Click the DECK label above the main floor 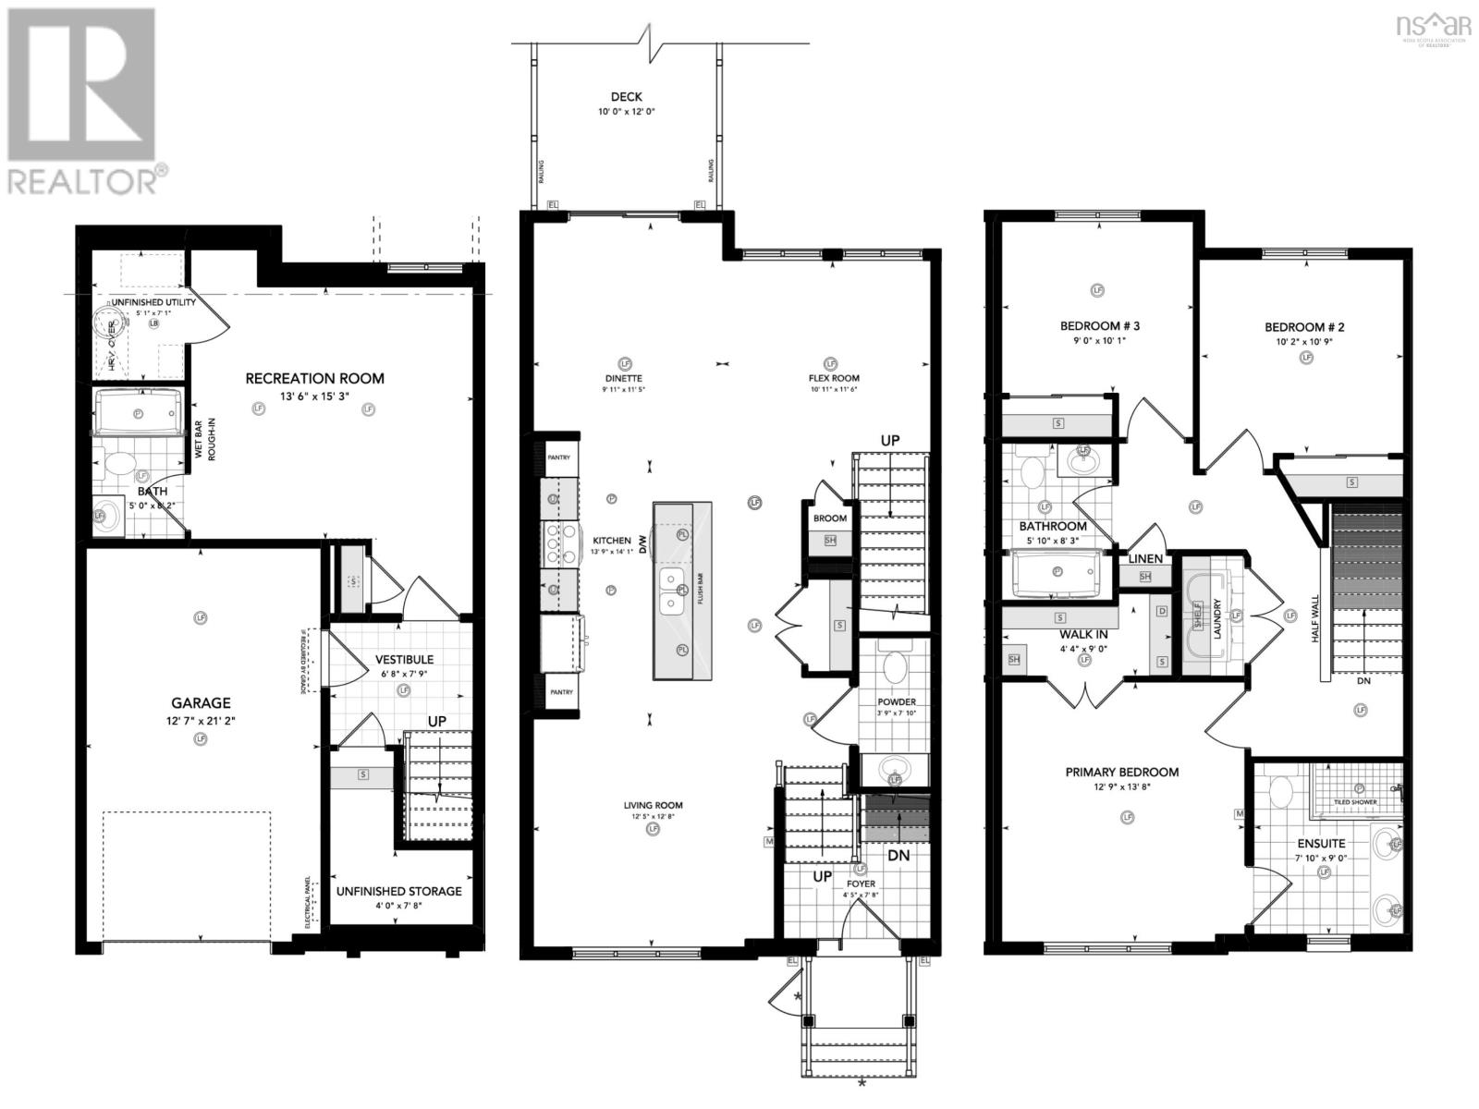coord(626,97)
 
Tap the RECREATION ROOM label coord(314,378)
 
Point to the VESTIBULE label coord(404,660)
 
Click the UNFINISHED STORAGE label coord(398,891)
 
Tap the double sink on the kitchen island coord(672,590)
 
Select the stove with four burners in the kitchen coord(553,543)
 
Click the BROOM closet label coord(830,518)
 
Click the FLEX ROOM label coord(834,378)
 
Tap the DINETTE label coord(625,378)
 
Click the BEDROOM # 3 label coord(1099,326)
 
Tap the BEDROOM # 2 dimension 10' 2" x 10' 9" coord(1304,341)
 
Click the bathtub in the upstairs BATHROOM coord(1055,573)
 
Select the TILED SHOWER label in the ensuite coord(1355,802)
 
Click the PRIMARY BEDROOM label coord(1121,773)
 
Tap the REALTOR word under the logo coord(81,181)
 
